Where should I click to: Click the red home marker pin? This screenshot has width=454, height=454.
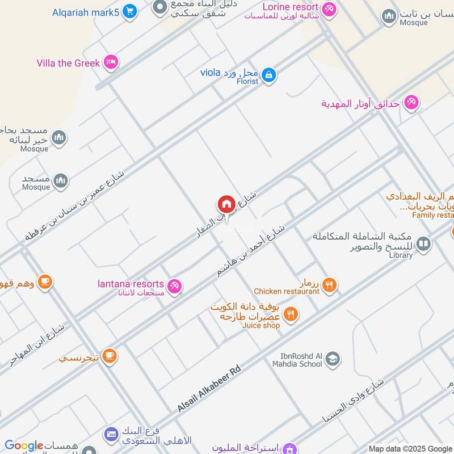tap(226, 204)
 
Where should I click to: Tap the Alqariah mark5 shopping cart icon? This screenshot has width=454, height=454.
tap(130, 11)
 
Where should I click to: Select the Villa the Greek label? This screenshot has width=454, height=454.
tap(68, 63)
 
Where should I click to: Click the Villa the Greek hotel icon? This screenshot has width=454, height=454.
tap(111, 62)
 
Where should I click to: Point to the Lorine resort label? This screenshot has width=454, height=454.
tap(290, 7)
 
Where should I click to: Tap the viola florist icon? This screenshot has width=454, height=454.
tap(269, 74)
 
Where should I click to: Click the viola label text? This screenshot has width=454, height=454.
tap(209, 73)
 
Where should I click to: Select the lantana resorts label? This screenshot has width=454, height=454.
tap(131, 284)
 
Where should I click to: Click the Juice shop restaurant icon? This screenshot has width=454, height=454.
tap(291, 314)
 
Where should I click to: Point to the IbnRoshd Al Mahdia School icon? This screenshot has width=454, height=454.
tap(333, 359)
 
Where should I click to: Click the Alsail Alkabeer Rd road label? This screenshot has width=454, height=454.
tap(209, 389)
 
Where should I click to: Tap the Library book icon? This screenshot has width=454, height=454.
tap(423, 244)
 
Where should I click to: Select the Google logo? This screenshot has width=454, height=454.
tap(24, 446)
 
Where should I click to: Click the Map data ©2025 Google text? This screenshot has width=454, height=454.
tap(410, 448)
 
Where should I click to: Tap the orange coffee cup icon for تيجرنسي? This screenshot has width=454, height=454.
tap(110, 356)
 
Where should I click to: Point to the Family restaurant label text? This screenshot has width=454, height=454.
tap(432, 215)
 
